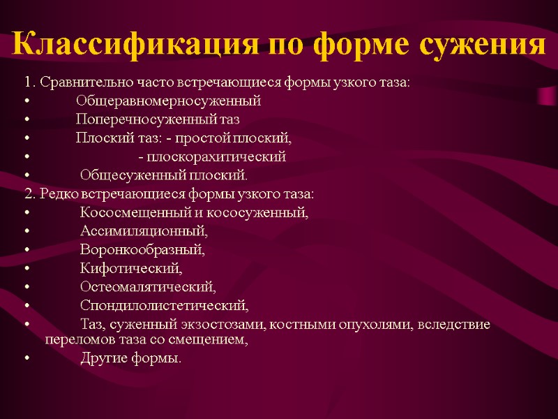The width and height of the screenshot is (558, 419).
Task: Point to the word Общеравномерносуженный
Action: click(168, 101)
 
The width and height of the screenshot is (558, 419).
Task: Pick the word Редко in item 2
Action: click(58, 193)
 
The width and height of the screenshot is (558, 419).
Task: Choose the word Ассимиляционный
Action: click(144, 230)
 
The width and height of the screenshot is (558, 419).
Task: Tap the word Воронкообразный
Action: click(142, 249)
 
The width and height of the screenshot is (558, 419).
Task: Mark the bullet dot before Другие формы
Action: click(27, 360)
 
